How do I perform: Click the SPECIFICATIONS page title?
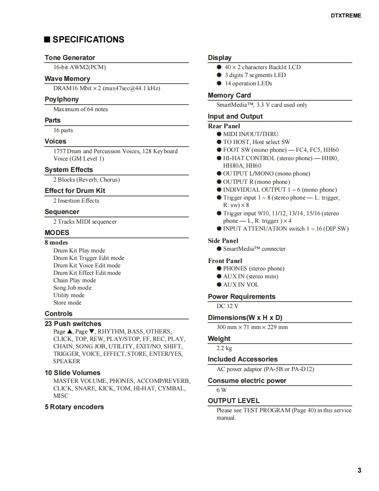point(88,39)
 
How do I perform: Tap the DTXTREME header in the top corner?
point(346,16)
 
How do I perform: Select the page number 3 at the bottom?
point(359,470)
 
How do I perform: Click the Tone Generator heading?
point(70,58)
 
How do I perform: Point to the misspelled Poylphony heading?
point(62,99)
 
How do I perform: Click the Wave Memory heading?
point(67,79)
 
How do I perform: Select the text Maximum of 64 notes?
point(81,109)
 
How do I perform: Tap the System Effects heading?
point(69,170)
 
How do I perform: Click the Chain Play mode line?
point(74,280)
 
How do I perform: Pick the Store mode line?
point(67,302)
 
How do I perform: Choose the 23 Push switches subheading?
point(73,324)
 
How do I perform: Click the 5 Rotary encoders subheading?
point(74,407)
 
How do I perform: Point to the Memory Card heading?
point(229,95)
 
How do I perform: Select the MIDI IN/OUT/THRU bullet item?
point(250,134)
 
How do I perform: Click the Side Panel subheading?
point(223,241)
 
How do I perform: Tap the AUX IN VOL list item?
point(241,284)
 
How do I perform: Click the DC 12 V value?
point(228,306)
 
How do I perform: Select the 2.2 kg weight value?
point(224,348)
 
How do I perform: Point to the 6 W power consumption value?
point(221,390)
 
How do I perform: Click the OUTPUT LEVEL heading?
point(234,401)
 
